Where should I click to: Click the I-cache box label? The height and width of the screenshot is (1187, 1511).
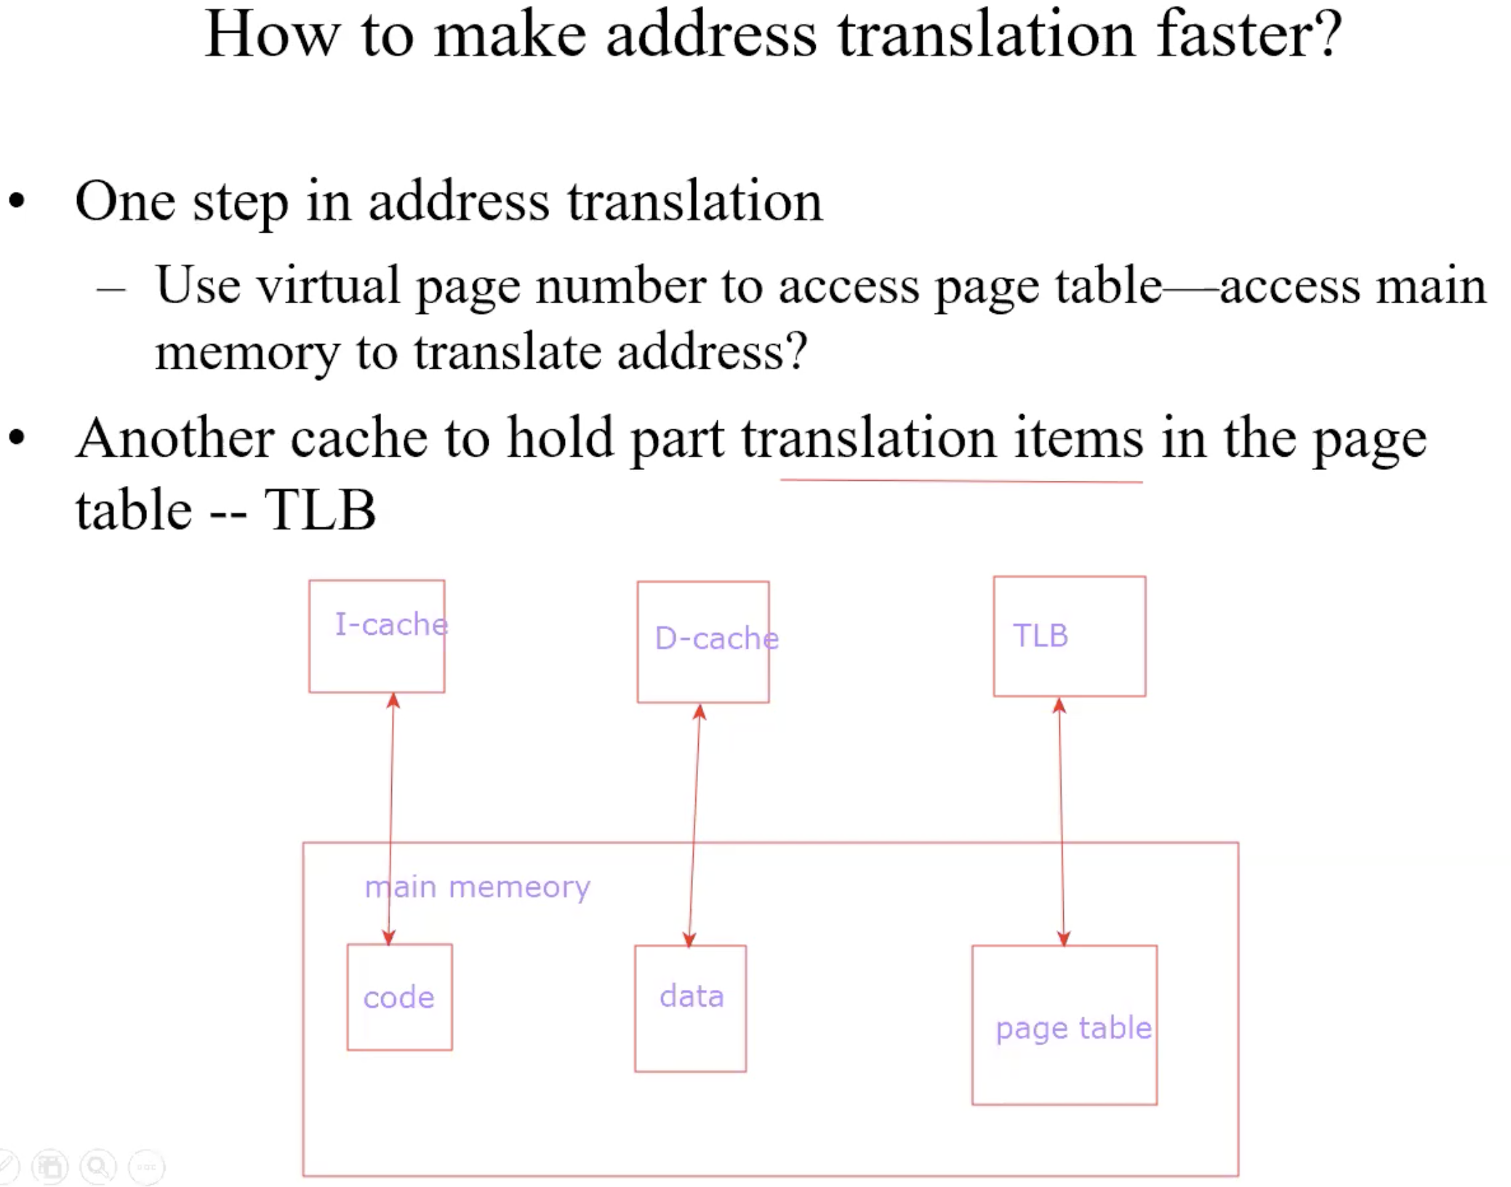(x=391, y=624)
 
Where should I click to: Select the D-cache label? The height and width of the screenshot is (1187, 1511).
(x=717, y=638)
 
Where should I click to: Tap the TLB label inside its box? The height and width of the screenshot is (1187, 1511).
(x=1041, y=636)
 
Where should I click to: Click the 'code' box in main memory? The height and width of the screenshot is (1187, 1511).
(x=400, y=997)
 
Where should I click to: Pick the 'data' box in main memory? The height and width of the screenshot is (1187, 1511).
(x=691, y=1009)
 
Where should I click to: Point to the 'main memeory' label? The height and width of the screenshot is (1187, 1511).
(x=478, y=888)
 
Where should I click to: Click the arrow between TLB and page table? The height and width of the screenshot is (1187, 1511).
(x=1062, y=822)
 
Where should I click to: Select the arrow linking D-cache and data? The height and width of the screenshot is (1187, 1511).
(x=694, y=826)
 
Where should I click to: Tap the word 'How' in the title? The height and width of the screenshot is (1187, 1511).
(x=273, y=34)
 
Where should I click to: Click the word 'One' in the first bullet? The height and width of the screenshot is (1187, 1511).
(x=125, y=201)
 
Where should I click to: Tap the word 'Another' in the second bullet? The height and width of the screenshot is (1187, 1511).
(x=175, y=439)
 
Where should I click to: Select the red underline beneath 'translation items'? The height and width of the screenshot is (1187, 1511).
(x=961, y=481)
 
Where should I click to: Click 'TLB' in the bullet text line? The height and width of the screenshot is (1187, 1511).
(x=320, y=510)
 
